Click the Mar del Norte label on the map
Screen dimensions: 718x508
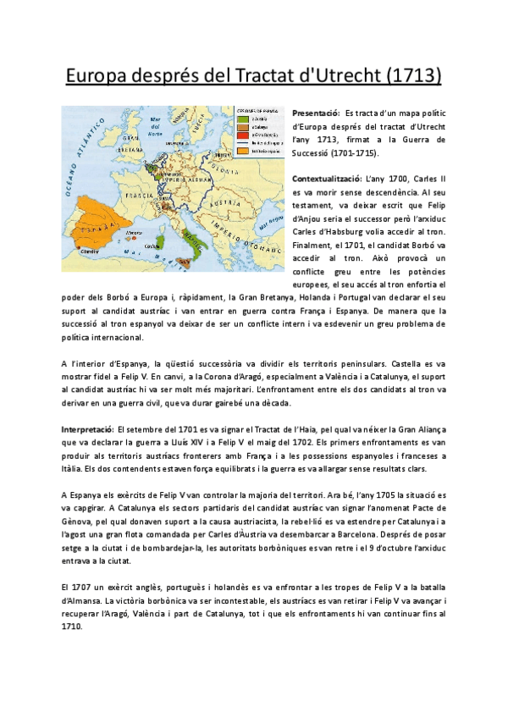[154, 131]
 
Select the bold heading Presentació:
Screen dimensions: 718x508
[316, 113]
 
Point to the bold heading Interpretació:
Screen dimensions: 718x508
[88, 429]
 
